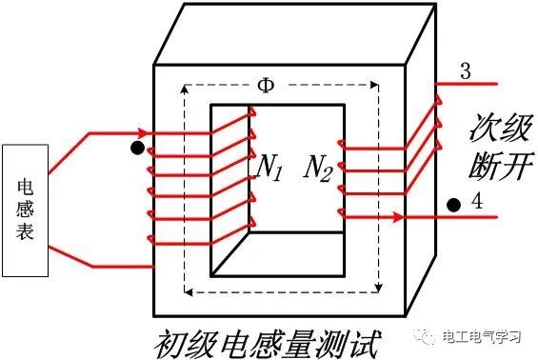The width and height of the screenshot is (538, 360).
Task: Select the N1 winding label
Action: pos(269,170)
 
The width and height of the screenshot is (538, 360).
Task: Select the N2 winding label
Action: pos(321,170)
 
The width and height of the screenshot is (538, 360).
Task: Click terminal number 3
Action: pos(465,72)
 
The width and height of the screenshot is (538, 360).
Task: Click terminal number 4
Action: pos(476,202)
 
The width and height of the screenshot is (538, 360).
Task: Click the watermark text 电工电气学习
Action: pos(482,338)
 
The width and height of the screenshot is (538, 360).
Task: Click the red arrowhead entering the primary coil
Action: pos(142,131)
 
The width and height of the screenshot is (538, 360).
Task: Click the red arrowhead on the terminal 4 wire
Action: pos(392,218)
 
